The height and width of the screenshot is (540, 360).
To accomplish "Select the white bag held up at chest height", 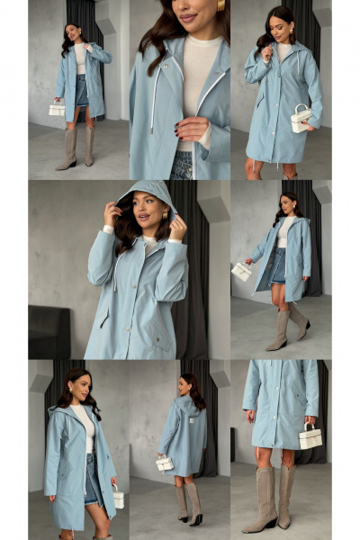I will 301,118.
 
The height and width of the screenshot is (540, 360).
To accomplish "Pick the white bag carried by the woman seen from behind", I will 165,463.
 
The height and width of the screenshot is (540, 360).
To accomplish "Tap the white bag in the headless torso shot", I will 310,437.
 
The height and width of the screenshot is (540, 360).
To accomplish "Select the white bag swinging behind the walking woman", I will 241,270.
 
